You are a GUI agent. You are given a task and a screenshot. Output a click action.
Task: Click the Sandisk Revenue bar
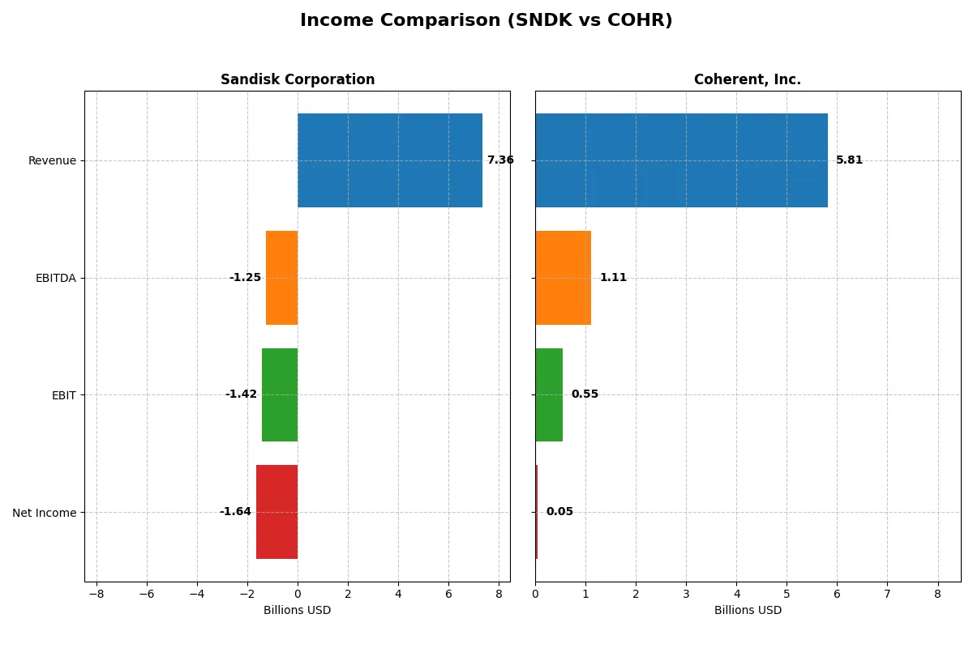point(389,160)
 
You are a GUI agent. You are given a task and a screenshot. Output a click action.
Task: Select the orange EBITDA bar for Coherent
point(563,278)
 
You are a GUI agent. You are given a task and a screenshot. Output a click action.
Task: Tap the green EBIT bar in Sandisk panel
point(280,394)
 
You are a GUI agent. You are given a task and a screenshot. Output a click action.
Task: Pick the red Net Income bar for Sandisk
point(276,512)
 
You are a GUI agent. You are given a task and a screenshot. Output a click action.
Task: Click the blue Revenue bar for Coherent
point(681,160)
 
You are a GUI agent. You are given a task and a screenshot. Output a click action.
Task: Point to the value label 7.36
point(500,160)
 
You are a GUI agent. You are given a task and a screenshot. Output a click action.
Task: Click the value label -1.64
point(235,512)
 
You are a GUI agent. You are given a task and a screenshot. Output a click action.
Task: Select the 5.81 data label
point(849,160)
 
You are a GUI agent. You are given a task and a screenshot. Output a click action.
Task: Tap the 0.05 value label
point(559,512)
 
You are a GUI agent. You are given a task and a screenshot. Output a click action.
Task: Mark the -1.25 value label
point(245,278)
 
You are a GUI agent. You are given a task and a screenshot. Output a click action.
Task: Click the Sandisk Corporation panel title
point(298,79)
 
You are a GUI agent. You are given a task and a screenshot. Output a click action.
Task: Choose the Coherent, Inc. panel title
point(748,79)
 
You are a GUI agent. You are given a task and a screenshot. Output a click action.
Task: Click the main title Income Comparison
point(486,20)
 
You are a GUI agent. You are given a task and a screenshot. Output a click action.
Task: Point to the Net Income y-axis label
point(45,513)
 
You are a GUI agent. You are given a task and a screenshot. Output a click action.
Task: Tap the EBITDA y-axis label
point(56,278)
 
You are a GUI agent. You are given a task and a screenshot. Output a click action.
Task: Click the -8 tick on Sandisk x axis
point(96,594)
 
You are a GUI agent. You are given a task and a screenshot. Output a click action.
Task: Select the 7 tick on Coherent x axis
point(887,594)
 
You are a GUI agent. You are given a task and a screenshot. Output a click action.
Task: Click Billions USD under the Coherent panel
point(748,610)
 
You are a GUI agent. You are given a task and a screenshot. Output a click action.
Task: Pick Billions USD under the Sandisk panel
point(298,610)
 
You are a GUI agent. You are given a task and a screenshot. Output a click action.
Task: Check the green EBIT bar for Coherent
point(549,394)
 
